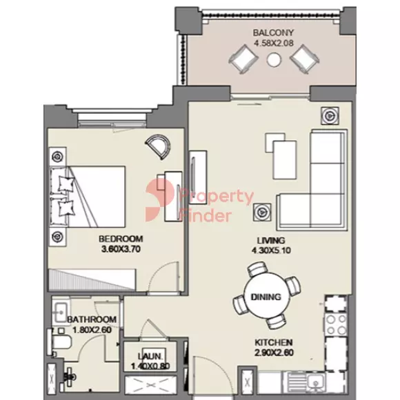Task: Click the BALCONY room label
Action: tap(273, 32)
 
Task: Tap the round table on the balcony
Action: tap(274, 59)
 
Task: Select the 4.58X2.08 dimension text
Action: tap(274, 43)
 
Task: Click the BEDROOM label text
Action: tap(121, 239)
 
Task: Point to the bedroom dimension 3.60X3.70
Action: tap(121, 249)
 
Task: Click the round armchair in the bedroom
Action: tap(158, 146)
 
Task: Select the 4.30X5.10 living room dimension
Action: tap(271, 250)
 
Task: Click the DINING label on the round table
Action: tap(266, 297)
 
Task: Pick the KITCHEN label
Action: tap(274, 342)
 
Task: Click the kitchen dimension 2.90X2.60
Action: tap(274, 352)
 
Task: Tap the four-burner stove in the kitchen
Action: tap(336, 325)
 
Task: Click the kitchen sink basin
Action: tap(316, 383)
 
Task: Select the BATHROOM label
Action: tap(92, 319)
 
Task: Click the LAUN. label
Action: tap(150, 357)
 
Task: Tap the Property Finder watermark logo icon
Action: tap(160, 200)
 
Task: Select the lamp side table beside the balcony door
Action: tap(330, 116)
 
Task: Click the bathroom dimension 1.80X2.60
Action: tap(92, 330)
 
